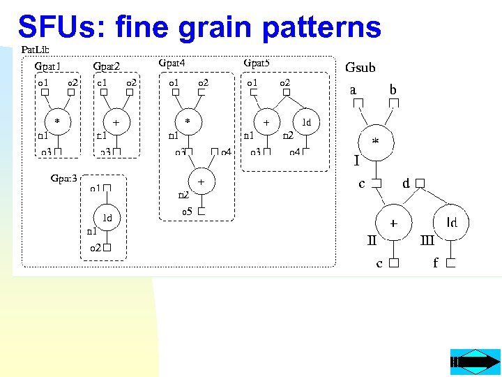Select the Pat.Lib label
tap(35, 50)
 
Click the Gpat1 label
tap(48, 66)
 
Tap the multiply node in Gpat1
tap(57, 121)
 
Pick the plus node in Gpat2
tap(116, 122)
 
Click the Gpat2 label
tap(107, 66)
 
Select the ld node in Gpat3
tap(107, 218)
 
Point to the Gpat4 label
tap(172, 63)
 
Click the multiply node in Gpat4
tap(187, 121)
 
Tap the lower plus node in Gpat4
tap(201, 181)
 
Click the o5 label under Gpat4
tap(187, 211)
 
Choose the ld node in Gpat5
tap(306, 121)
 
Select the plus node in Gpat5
tap(266, 121)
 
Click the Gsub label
tap(360, 68)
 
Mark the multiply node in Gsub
tap(376, 142)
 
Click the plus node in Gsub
tap(393, 224)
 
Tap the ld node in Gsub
tap(452, 223)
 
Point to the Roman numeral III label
tap(428, 241)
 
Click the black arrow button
tap(476, 362)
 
